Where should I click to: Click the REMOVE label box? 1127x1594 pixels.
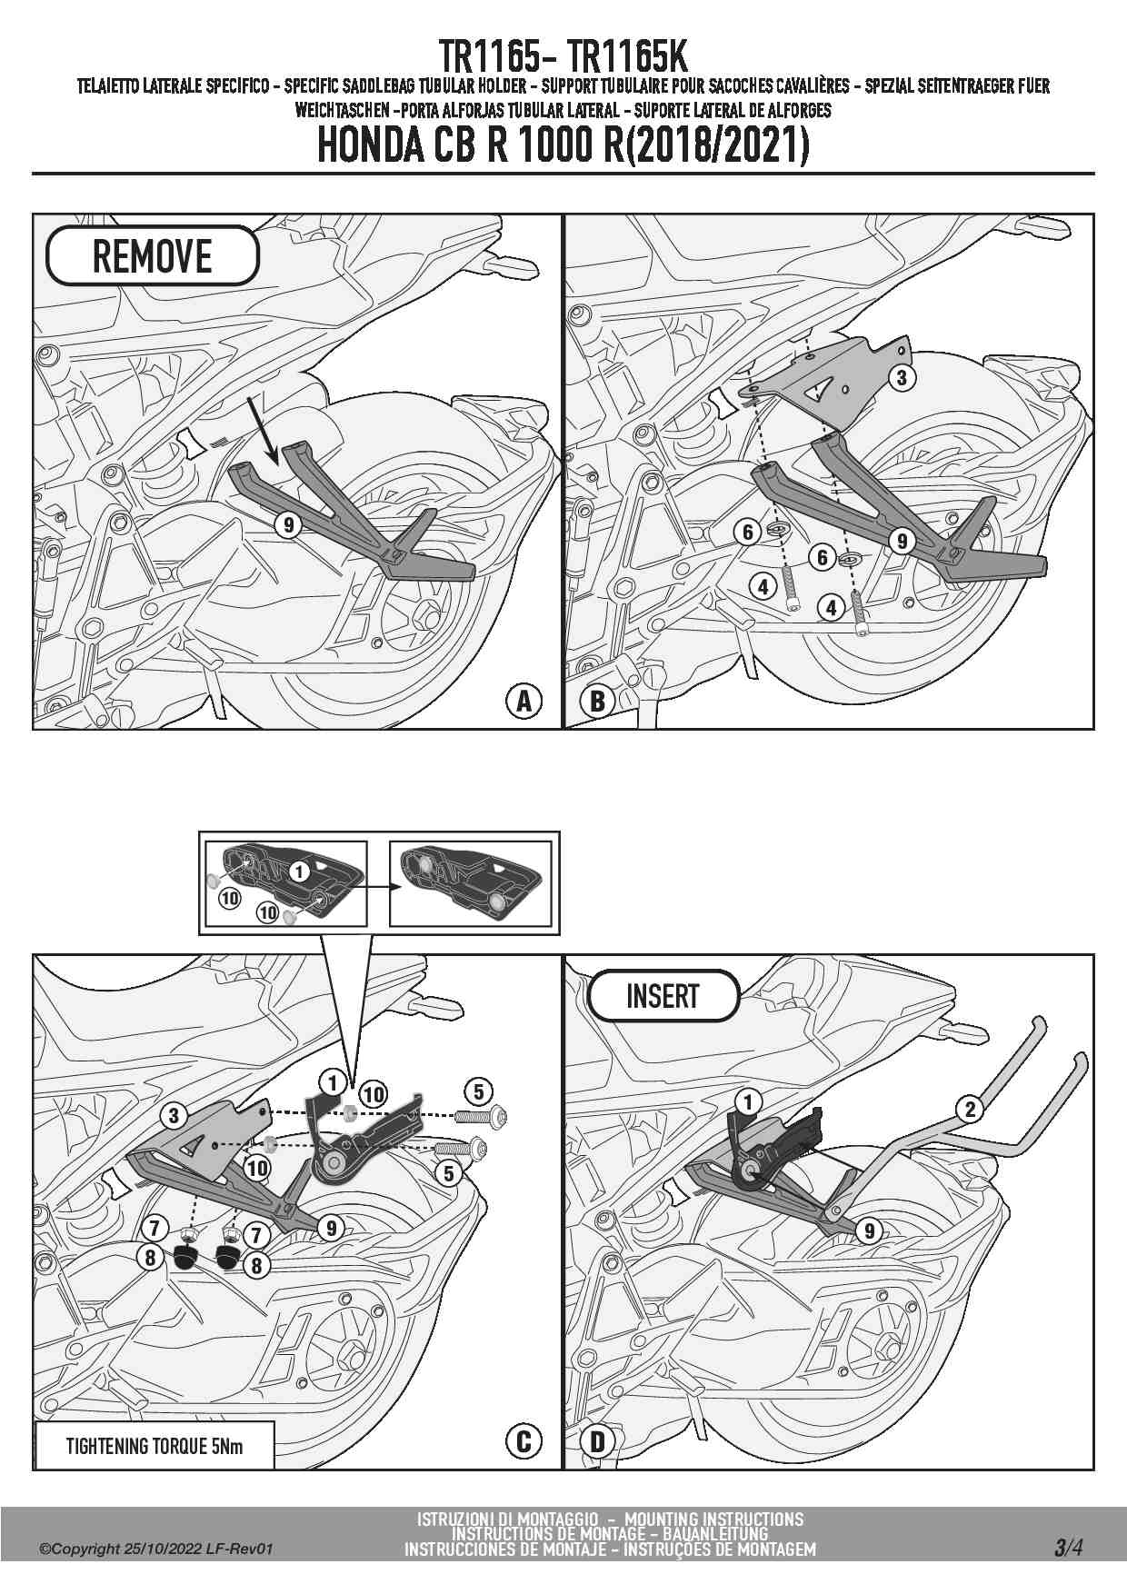152,256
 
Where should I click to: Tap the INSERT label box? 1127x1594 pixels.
663,996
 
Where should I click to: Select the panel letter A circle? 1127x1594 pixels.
524,702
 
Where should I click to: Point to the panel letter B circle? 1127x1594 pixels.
598,702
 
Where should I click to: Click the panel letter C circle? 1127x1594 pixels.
524,1441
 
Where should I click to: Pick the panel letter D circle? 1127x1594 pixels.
598,1441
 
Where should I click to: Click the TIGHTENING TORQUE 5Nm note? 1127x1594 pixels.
154,1446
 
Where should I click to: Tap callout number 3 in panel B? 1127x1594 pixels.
902,377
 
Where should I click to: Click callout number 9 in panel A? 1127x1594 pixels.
288,524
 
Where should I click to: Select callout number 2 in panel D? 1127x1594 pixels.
971,1108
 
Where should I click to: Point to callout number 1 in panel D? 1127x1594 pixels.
748,1102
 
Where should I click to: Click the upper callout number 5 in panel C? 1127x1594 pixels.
479,1091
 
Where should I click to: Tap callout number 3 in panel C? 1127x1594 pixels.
174,1117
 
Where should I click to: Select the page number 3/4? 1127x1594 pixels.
1068,1547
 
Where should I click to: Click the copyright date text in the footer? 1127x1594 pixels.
155,1549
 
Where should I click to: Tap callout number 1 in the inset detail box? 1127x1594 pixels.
300,871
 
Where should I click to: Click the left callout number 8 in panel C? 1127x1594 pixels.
151,1258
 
